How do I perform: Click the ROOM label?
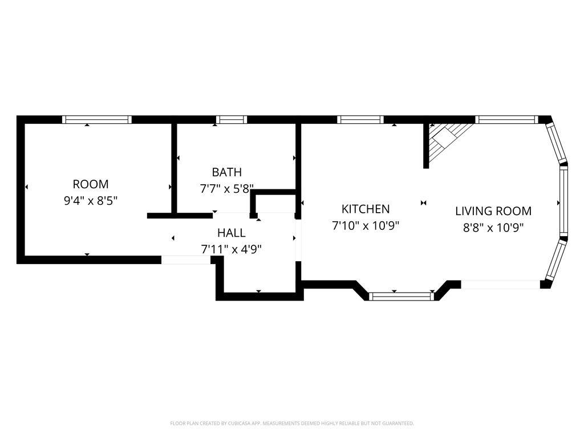[x=91, y=184]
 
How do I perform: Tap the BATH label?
[x=227, y=172]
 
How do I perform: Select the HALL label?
[x=232, y=233]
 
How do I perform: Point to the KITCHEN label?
[x=366, y=209]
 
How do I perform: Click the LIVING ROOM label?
[x=493, y=211]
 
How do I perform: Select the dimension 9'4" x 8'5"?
[x=91, y=201]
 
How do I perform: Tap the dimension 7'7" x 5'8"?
[x=227, y=189]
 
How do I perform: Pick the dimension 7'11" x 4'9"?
[x=232, y=249]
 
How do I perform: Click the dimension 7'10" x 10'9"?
[x=366, y=225]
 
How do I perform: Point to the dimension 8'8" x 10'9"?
[x=493, y=227]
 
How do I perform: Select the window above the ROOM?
[x=97, y=120]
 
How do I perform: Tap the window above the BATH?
[x=232, y=120]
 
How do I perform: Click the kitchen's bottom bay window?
[x=401, y=297]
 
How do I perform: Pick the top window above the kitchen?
[x=360, y=120]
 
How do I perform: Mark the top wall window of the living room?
[x=506, y=120]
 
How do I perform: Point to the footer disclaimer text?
[x=292, y=424]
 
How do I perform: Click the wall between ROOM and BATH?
[x=174, y=168]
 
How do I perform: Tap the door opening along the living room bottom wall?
[x=501, y=285]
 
